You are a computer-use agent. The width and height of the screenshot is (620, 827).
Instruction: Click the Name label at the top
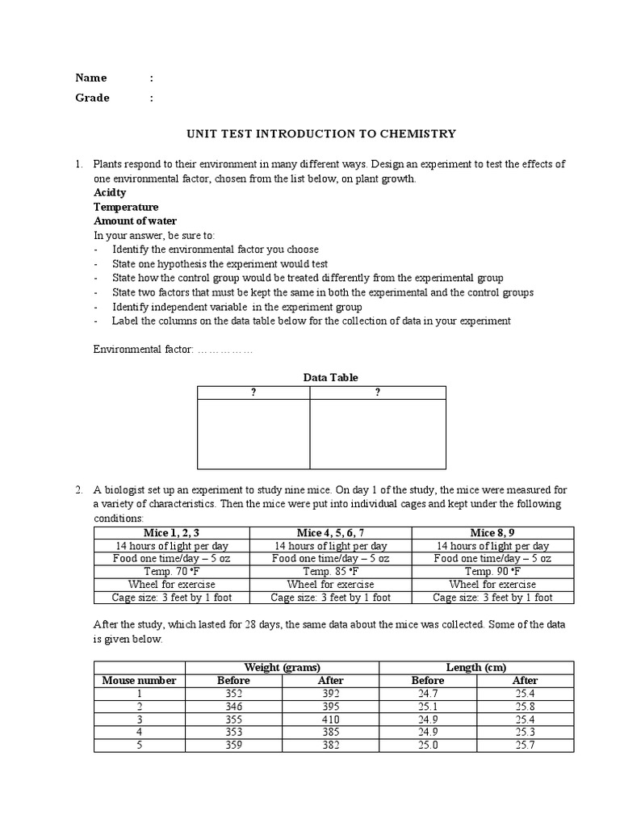(91, 78)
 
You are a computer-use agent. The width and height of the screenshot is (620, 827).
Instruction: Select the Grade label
(92, 98)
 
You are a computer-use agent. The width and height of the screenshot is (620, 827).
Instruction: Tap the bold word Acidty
(110, 193)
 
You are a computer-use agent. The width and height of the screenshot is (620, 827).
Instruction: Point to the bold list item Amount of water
(135, 220)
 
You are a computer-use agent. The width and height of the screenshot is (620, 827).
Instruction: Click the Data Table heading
(330, 377)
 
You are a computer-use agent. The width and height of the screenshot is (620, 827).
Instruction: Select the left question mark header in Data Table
(253, 393)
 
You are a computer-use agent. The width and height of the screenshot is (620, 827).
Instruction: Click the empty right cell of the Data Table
(378, 434)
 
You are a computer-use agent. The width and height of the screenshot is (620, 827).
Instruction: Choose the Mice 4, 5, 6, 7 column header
(331, 533)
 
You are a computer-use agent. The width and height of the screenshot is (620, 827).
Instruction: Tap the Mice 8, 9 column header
(492, 533)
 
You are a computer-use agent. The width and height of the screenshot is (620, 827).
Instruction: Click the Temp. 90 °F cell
(492, 572)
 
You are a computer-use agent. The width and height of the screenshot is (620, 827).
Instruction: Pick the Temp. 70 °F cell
(171, 572)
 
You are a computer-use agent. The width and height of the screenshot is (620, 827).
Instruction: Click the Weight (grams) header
(283, 667)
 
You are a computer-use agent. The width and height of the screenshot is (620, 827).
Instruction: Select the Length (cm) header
(476, 667)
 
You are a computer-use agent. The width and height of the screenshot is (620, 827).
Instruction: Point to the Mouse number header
(139, 680)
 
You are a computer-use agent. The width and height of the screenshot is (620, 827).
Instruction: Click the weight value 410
(330, 720)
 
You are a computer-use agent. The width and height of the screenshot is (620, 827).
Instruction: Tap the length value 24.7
(427, 693)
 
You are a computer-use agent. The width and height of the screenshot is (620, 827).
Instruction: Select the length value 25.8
(525, 707)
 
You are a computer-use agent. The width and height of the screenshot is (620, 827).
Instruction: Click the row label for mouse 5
(139, 745)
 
